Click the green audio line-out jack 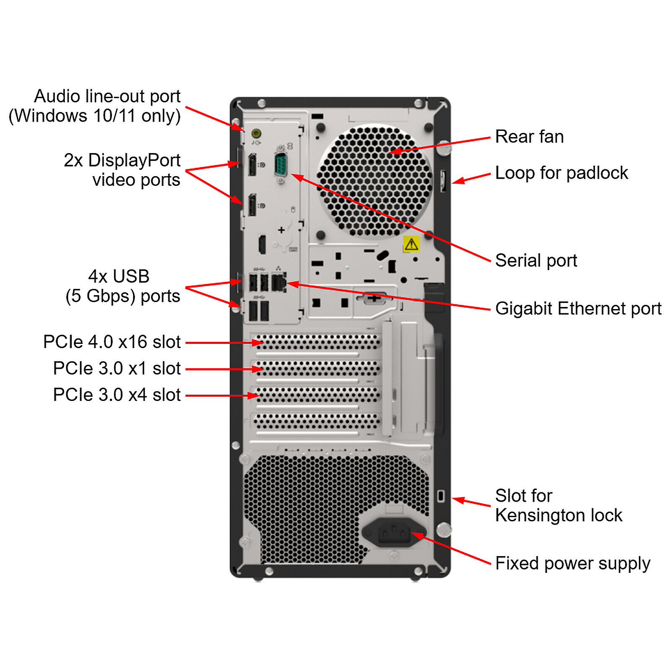tap(256, 133)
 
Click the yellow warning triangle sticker tap(411, 244)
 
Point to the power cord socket tap(394, 533)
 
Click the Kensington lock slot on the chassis tap(440, 496)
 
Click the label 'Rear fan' tap(529, 137)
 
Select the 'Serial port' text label tap(536, 260)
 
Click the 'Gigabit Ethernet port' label tap(578, 309)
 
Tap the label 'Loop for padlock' tap(561, 173)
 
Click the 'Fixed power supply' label tap(572, 563)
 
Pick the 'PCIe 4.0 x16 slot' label tap(112, 342)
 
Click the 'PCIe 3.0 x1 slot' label tap(117, 368)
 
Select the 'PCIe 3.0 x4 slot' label tap(117, 395)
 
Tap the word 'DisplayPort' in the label tap(134, 160)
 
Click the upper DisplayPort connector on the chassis tap(252, 165)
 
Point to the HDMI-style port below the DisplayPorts tap(262, 244)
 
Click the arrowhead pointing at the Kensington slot tap(458, 499)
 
